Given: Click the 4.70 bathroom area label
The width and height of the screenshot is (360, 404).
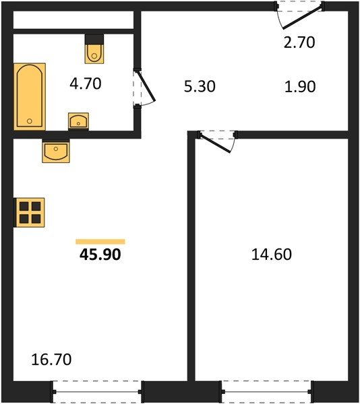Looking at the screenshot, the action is tap(86, 83).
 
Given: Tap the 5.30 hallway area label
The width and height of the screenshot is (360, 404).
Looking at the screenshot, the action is tap(200, 86).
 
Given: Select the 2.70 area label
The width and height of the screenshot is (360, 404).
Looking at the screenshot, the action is tap(299, 42).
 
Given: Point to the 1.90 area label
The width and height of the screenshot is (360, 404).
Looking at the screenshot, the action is tap(300, 87).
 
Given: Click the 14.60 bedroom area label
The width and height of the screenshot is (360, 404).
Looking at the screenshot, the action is tap(272, 255).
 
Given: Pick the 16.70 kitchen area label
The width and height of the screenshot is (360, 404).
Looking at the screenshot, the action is tap(51, 360).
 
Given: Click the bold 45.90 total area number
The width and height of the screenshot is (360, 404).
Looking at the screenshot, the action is tap(100, 255).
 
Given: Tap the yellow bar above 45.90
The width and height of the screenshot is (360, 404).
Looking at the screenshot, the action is tap(100, 242).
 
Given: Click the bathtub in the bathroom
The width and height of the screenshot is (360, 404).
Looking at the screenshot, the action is tap(30, 96).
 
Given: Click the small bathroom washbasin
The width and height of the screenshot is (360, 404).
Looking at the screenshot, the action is tap(78, 121).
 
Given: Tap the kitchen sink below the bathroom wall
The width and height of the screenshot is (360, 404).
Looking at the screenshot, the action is tap(56, 152).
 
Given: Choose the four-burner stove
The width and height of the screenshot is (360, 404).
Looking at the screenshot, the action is tap(30, 213).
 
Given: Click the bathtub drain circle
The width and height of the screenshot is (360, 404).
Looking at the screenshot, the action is tap(30, 121).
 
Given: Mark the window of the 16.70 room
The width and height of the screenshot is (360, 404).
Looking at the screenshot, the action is tap(97, 392).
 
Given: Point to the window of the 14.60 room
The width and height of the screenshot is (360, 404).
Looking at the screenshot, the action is tap(266, 392).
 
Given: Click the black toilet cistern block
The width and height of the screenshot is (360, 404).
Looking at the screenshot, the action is tap(94, 39).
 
